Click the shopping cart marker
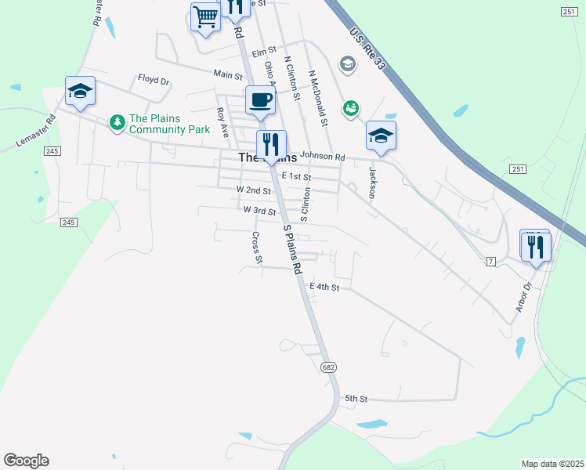[206, 16]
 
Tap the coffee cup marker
[260, 99]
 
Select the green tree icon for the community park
[118, 122]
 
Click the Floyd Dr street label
[154, 79]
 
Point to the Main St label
[228, 74]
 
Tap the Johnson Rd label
[322, 157]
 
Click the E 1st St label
[297, 177]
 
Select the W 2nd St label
[253, 190]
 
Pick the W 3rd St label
[259, 211]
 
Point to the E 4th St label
[324, 287]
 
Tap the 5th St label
[356, 399]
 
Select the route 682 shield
[329, 367]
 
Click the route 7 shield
[490, 261]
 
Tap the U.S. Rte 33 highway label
[367, 48]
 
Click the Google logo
[26, 461]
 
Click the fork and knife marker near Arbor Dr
[537, 248]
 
